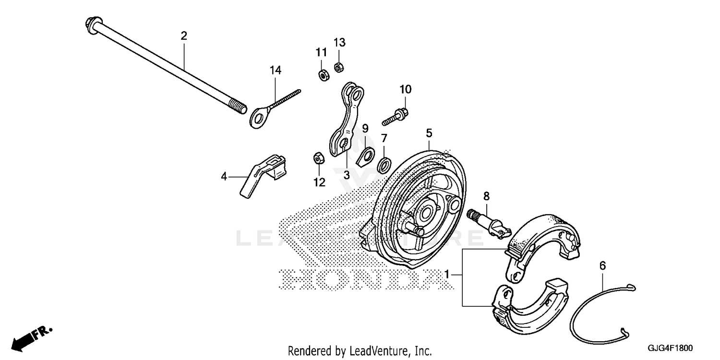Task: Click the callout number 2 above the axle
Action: (x=184, y=36)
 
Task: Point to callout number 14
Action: (x=275, y=71)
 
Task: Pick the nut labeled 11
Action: (x=322, y=75)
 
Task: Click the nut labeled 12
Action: (x=318, y=157)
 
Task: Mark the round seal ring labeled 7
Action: (x=384, y=165)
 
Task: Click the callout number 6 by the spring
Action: (x=603, y=265)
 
